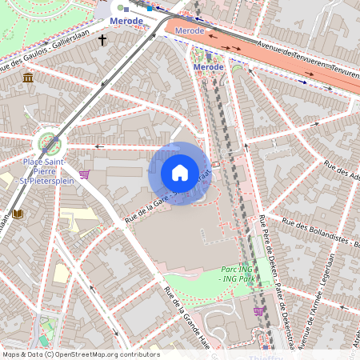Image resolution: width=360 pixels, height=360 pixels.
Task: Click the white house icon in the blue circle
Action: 180,173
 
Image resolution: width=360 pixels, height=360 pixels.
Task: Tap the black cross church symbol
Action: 102,38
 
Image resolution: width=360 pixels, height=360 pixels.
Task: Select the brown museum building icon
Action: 28,78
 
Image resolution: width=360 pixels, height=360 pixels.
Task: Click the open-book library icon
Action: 18,214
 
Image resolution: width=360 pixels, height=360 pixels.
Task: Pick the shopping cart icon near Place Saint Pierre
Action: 85,174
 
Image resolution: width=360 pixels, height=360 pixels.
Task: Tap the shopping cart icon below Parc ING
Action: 258,310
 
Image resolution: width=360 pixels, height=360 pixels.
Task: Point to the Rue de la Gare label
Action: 144,208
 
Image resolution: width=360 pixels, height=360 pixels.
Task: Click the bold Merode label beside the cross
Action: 126,21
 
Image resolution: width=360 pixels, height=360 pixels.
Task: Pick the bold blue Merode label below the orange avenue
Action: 208,67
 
